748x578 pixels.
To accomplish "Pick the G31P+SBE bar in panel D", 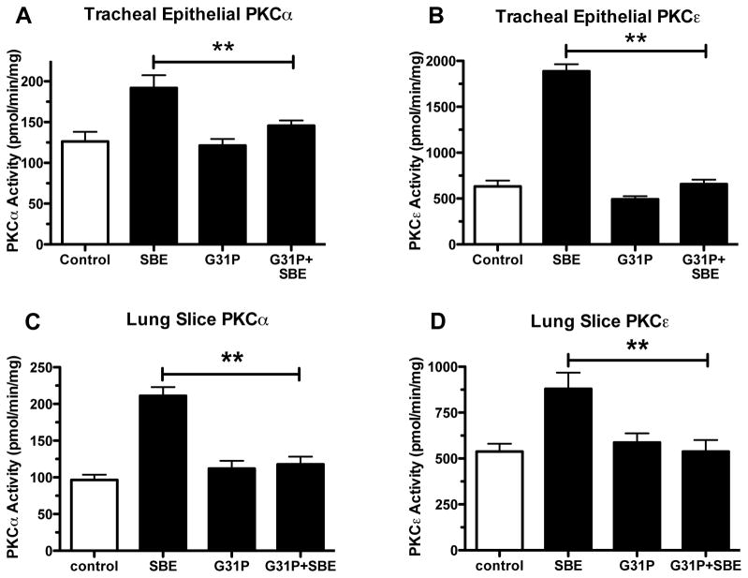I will point(707,500).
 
